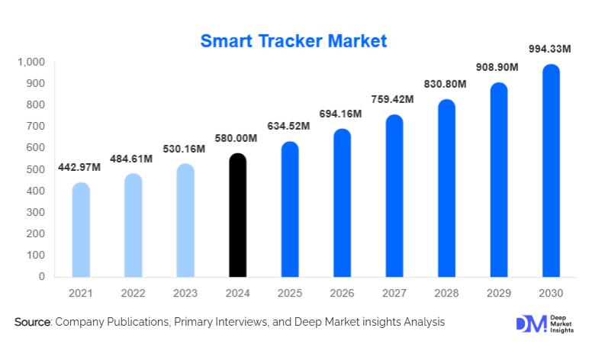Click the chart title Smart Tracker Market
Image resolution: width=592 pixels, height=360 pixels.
pos(294,40)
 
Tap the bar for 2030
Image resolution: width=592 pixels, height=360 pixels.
pos(551,171)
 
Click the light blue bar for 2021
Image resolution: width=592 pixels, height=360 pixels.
pos(80,230)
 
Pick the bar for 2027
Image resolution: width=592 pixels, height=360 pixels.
pos(394,196)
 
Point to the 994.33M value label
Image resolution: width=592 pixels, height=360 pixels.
pos(550,50)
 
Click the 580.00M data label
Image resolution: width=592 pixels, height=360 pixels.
pos(236,138)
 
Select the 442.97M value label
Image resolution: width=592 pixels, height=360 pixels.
pos(80,168)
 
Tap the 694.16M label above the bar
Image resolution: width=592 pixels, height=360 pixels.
pos(341,114)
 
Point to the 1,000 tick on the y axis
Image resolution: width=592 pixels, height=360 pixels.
pos(31,62)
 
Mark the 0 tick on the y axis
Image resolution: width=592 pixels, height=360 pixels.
pos(41,277)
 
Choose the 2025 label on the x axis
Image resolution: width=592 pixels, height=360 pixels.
pos(289,293)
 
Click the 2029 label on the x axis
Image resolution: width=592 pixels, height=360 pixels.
pos(498,293)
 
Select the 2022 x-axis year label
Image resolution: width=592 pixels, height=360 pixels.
pos(133,293)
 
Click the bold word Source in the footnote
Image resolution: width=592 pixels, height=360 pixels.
pos(32,323)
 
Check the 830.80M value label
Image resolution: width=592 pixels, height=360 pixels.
pos(446,84)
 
